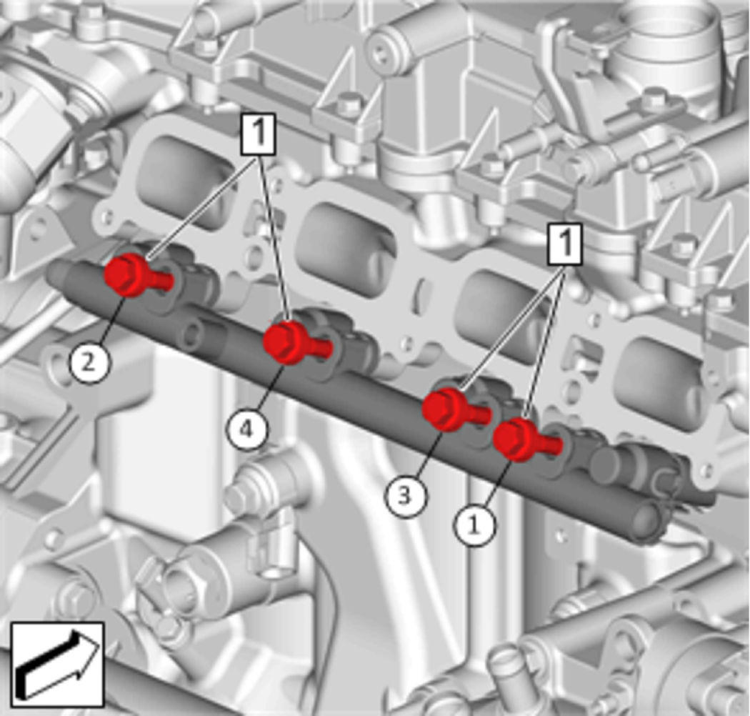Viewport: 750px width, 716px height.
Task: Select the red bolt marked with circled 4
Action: [x=294, y=343]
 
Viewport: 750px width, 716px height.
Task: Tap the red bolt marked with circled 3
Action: [x=453, y=410]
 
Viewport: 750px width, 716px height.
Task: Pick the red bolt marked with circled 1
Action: [x=524, y=439]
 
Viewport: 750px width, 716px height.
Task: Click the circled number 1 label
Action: [x=474, y=525]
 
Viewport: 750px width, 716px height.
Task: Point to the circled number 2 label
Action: [x=89, y=363]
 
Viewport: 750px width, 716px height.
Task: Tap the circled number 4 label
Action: [x=246, y=429]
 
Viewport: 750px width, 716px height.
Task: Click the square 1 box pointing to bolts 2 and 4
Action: [x=259, y=134]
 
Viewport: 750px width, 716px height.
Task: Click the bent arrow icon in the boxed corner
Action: [x=57, y=665]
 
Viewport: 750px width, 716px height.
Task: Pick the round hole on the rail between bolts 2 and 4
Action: [x=192, y=334]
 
